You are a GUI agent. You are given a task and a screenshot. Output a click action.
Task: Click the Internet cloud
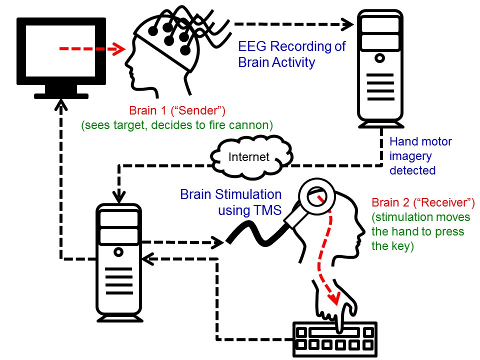[248, 157]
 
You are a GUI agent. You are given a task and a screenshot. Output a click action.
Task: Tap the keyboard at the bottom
[333, 338]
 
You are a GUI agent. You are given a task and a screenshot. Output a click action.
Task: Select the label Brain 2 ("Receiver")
[423, 203]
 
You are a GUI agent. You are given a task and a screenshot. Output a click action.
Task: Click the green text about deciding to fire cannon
[177, 125]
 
